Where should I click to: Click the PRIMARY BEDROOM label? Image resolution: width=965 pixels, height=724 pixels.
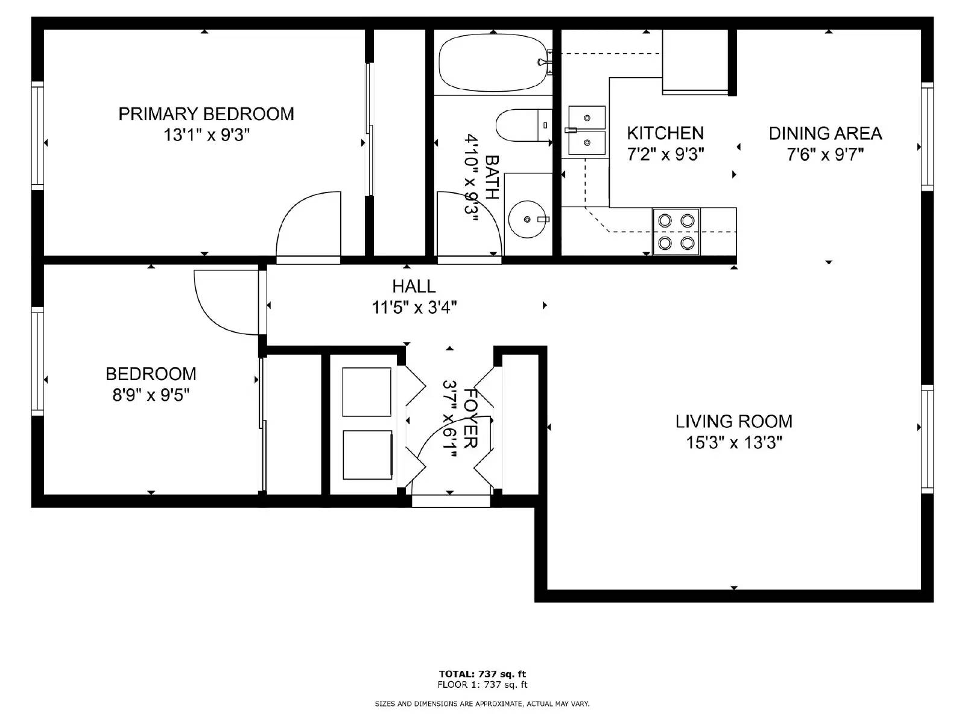(x=206, y=114)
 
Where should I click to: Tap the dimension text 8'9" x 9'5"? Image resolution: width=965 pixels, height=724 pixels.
(x=151, y=395)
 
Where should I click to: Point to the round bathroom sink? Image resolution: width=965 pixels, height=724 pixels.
(x=527, y=219)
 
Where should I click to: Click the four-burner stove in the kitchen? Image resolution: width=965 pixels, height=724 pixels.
(x=675, y=232)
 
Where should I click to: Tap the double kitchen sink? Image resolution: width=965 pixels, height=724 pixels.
(x=586, y=131)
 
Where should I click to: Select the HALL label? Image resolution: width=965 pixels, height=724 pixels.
(x=414, y=286)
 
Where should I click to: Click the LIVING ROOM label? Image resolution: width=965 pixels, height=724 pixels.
(x=733, y=421)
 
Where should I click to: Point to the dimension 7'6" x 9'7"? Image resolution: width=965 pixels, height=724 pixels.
(x=824, y=154)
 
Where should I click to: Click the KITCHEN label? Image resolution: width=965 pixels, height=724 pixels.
(x=665, y=133)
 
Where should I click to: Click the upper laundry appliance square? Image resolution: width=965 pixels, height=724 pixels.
(x=367, y=392)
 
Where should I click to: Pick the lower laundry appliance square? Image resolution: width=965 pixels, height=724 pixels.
(x=367, y=455)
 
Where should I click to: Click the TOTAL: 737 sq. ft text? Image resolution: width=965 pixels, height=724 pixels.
(x=482, y=674)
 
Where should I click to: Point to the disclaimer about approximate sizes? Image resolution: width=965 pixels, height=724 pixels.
(x=482, y=703)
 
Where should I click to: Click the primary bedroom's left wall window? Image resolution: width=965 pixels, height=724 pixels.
(x=37, y=136)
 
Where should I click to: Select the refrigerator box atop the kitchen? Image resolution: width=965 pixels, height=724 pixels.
(x=695, y=62)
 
